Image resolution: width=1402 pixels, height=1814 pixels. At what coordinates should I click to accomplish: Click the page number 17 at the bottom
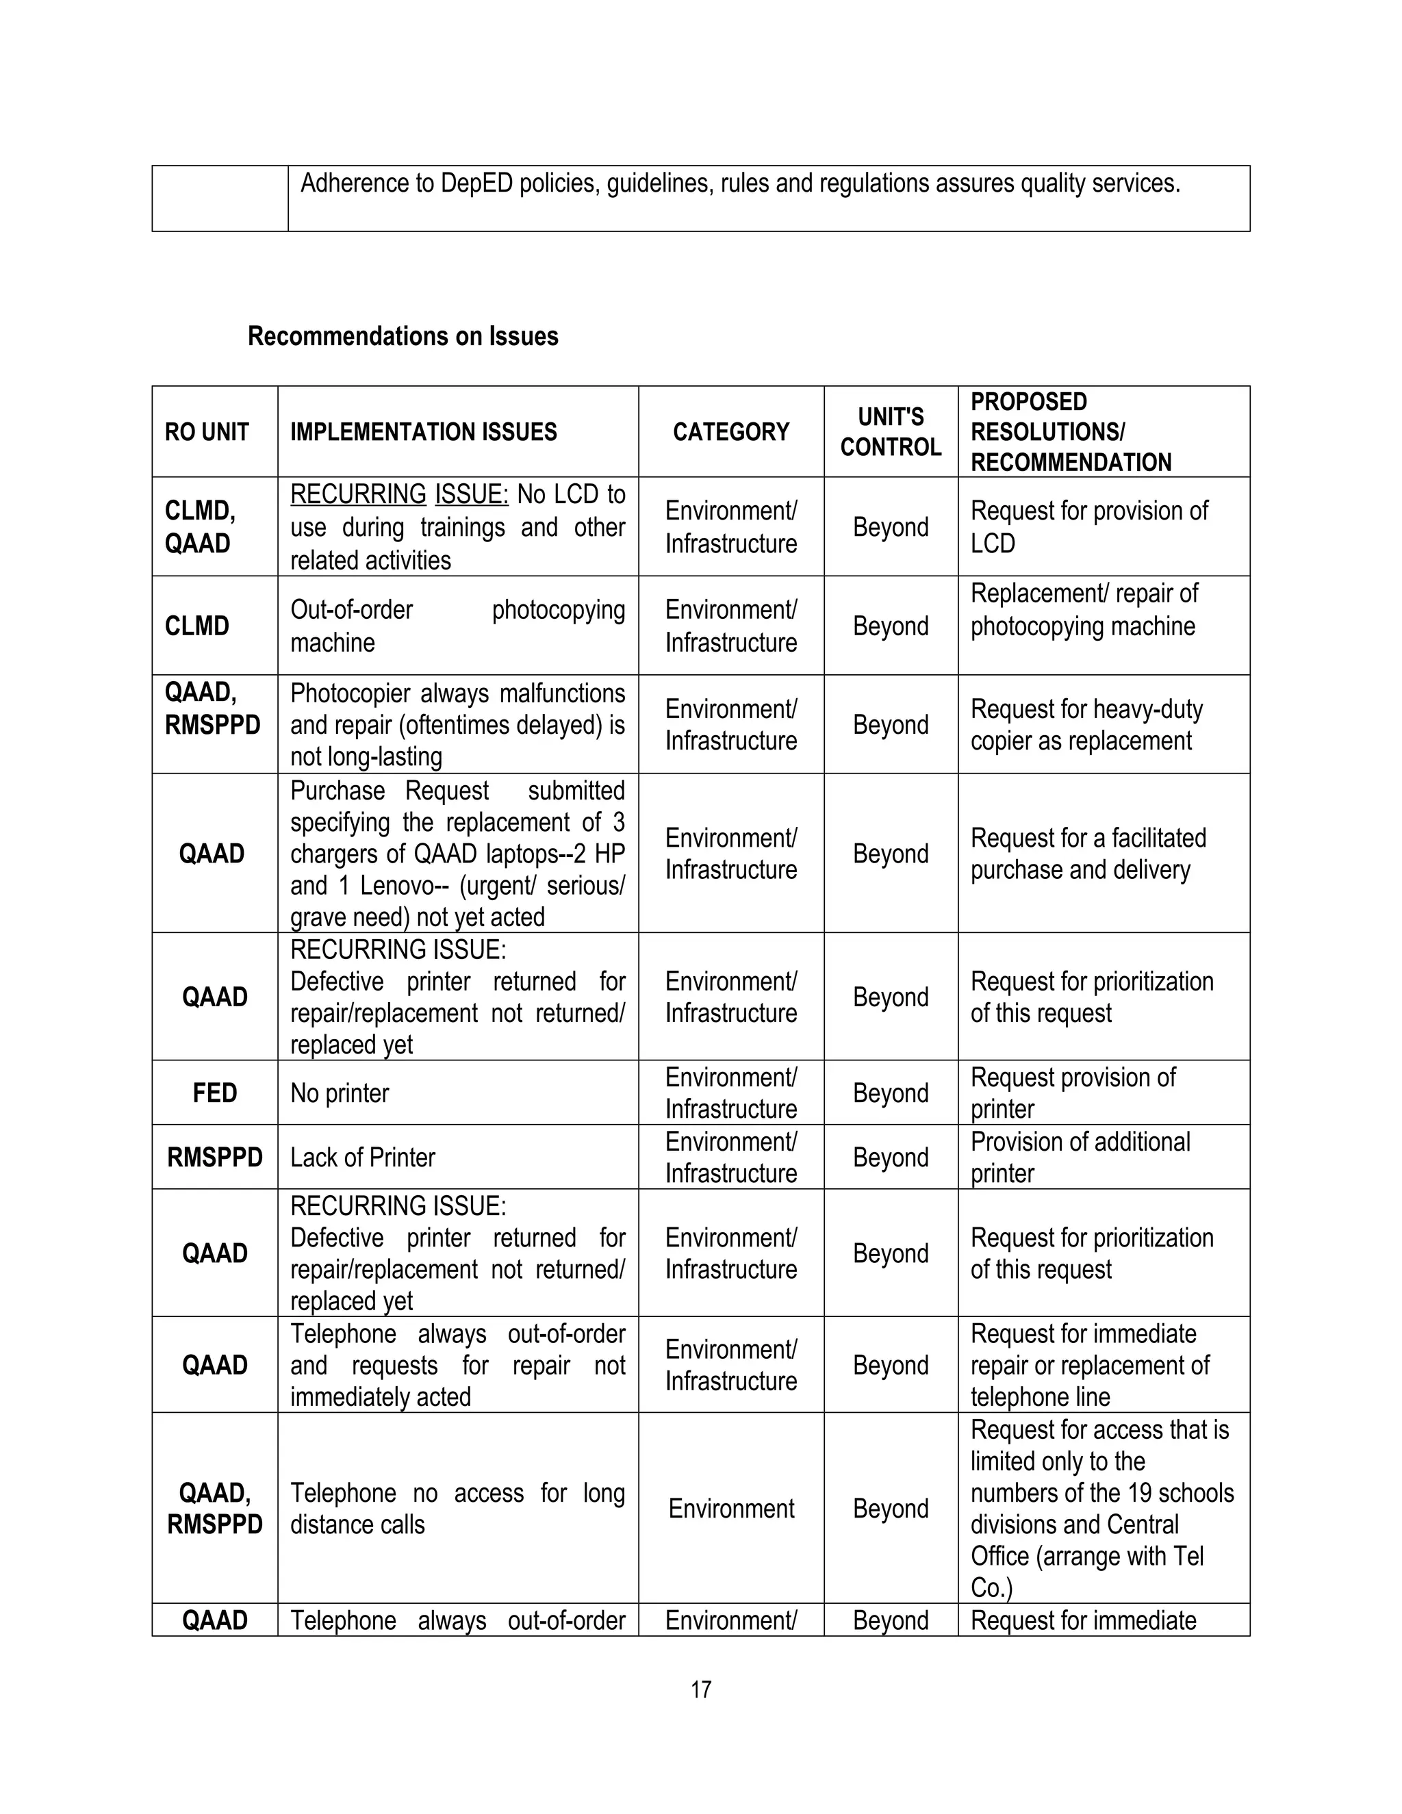[700, 1689]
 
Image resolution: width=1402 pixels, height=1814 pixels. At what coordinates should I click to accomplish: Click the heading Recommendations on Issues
[403, 336]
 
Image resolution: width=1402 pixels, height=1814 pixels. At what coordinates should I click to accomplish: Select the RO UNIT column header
[207, 432]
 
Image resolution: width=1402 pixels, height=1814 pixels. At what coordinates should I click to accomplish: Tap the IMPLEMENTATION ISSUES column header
[424, 432]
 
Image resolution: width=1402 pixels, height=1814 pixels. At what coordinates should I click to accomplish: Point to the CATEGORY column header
[731, 432]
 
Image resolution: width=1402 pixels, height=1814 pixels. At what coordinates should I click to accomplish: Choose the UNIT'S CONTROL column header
[891, 432]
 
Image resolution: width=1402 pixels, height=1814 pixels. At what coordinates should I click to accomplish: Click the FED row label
[214, 1093]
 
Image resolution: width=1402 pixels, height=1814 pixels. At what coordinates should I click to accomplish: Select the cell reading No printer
[340, 1093]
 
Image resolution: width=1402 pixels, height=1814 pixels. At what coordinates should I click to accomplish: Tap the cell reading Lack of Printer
[362, 1158]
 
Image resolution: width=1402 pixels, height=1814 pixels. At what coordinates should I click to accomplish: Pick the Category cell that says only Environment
[731, 1508]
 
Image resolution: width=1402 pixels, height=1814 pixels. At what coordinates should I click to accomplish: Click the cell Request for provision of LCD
[1089, 526]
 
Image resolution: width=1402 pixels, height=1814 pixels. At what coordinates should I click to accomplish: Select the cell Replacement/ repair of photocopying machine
[1084, 610]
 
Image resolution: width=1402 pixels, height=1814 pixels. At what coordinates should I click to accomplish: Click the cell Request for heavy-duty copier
[1086, 725]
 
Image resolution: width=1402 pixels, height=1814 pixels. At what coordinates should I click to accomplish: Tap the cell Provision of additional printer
[1080, 1158]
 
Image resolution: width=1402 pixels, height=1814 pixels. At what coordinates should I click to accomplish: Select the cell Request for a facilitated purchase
[1088, 854]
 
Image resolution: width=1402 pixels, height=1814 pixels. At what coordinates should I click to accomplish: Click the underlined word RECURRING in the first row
[358, 494]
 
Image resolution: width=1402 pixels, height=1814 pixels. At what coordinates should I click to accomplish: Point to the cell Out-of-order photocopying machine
[457, 626]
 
